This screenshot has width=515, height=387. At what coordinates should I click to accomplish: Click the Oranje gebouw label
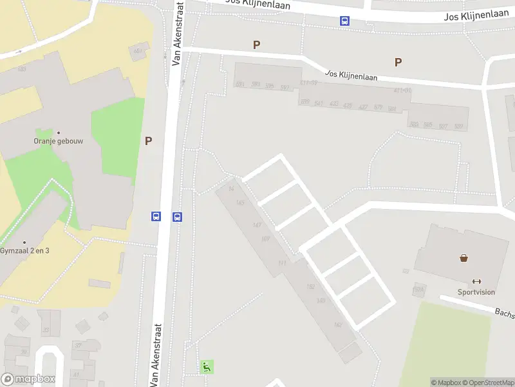point(59,141)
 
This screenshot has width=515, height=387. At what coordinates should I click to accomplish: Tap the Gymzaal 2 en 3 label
point(24,251)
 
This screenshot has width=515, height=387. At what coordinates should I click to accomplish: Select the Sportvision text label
point(476,292)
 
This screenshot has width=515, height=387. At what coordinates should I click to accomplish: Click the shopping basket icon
point(464,258)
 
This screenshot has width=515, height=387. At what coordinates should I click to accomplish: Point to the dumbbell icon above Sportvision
point(477,281)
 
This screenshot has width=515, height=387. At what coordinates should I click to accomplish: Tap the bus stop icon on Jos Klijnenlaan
point(345,21)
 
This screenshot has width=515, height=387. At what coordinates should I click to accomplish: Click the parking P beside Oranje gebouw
point(148,141)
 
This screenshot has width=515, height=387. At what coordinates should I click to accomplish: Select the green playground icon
point(207,367)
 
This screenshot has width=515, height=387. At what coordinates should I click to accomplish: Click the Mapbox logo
point(28,379)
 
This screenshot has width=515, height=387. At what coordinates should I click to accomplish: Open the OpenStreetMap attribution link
point(489,382)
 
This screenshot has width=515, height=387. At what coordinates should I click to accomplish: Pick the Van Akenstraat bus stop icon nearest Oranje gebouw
point(156,217)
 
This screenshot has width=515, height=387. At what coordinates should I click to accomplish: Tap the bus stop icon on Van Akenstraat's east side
point(177,217)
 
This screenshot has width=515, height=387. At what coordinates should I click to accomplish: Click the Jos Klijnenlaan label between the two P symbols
point(351,75)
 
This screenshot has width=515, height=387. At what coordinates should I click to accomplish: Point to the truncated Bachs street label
point(504,312)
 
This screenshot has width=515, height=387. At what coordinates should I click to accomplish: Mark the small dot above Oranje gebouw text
point(59,133)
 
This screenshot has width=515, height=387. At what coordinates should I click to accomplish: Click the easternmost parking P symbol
point(398,63)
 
